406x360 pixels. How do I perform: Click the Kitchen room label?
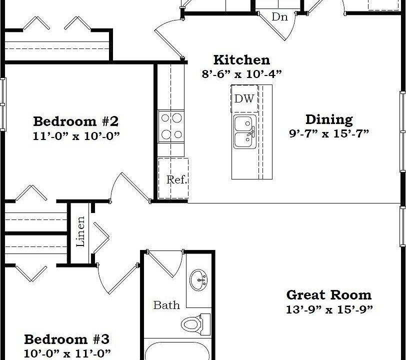(241, 60)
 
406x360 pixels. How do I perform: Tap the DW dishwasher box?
(244, 98)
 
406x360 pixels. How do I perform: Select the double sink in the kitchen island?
(245, 131)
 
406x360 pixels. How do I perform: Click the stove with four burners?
(170, 126)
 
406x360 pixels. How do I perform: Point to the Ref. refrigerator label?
(176, 179)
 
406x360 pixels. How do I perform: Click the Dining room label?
(328, 119)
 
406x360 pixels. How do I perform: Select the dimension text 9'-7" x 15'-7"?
(329, 133)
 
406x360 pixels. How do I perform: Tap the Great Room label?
(328, 294)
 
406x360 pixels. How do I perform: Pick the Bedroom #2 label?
(75, 121)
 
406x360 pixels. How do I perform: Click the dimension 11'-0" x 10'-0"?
(76, 135)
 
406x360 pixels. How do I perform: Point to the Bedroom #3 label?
(66, 339)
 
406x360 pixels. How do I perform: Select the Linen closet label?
(80, 231)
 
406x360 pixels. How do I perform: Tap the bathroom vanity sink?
(199, 279)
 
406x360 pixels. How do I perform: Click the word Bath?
(166, 305)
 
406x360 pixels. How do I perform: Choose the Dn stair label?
(279, 17)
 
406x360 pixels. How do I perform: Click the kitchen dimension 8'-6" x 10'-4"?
(241, 74)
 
